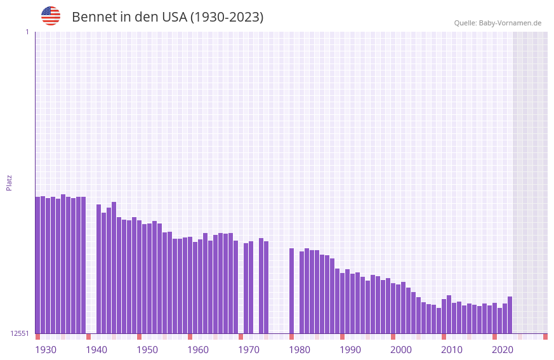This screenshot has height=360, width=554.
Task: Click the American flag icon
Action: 51,16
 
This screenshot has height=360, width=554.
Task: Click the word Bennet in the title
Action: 94,17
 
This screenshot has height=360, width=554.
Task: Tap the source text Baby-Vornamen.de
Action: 510,23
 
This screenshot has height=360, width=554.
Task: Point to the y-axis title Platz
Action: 9,182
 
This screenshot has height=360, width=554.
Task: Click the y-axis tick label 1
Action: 27,32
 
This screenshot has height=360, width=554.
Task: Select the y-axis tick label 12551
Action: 20,333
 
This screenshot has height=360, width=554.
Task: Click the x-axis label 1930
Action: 46,350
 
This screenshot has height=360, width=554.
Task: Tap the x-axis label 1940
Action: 96,350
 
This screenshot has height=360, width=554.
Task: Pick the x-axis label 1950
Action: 147,350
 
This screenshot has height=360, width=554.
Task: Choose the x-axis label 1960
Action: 198,350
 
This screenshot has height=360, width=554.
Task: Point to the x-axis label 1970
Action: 249,350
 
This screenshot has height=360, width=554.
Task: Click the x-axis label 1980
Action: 300,350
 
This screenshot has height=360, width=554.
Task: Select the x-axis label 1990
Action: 350,350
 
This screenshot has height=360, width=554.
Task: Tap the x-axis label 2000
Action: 401,350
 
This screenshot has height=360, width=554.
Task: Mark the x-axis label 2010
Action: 452,350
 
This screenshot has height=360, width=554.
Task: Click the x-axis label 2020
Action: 503,350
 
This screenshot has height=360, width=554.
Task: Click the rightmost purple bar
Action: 510,315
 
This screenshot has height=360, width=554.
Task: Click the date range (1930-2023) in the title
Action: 227,17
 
